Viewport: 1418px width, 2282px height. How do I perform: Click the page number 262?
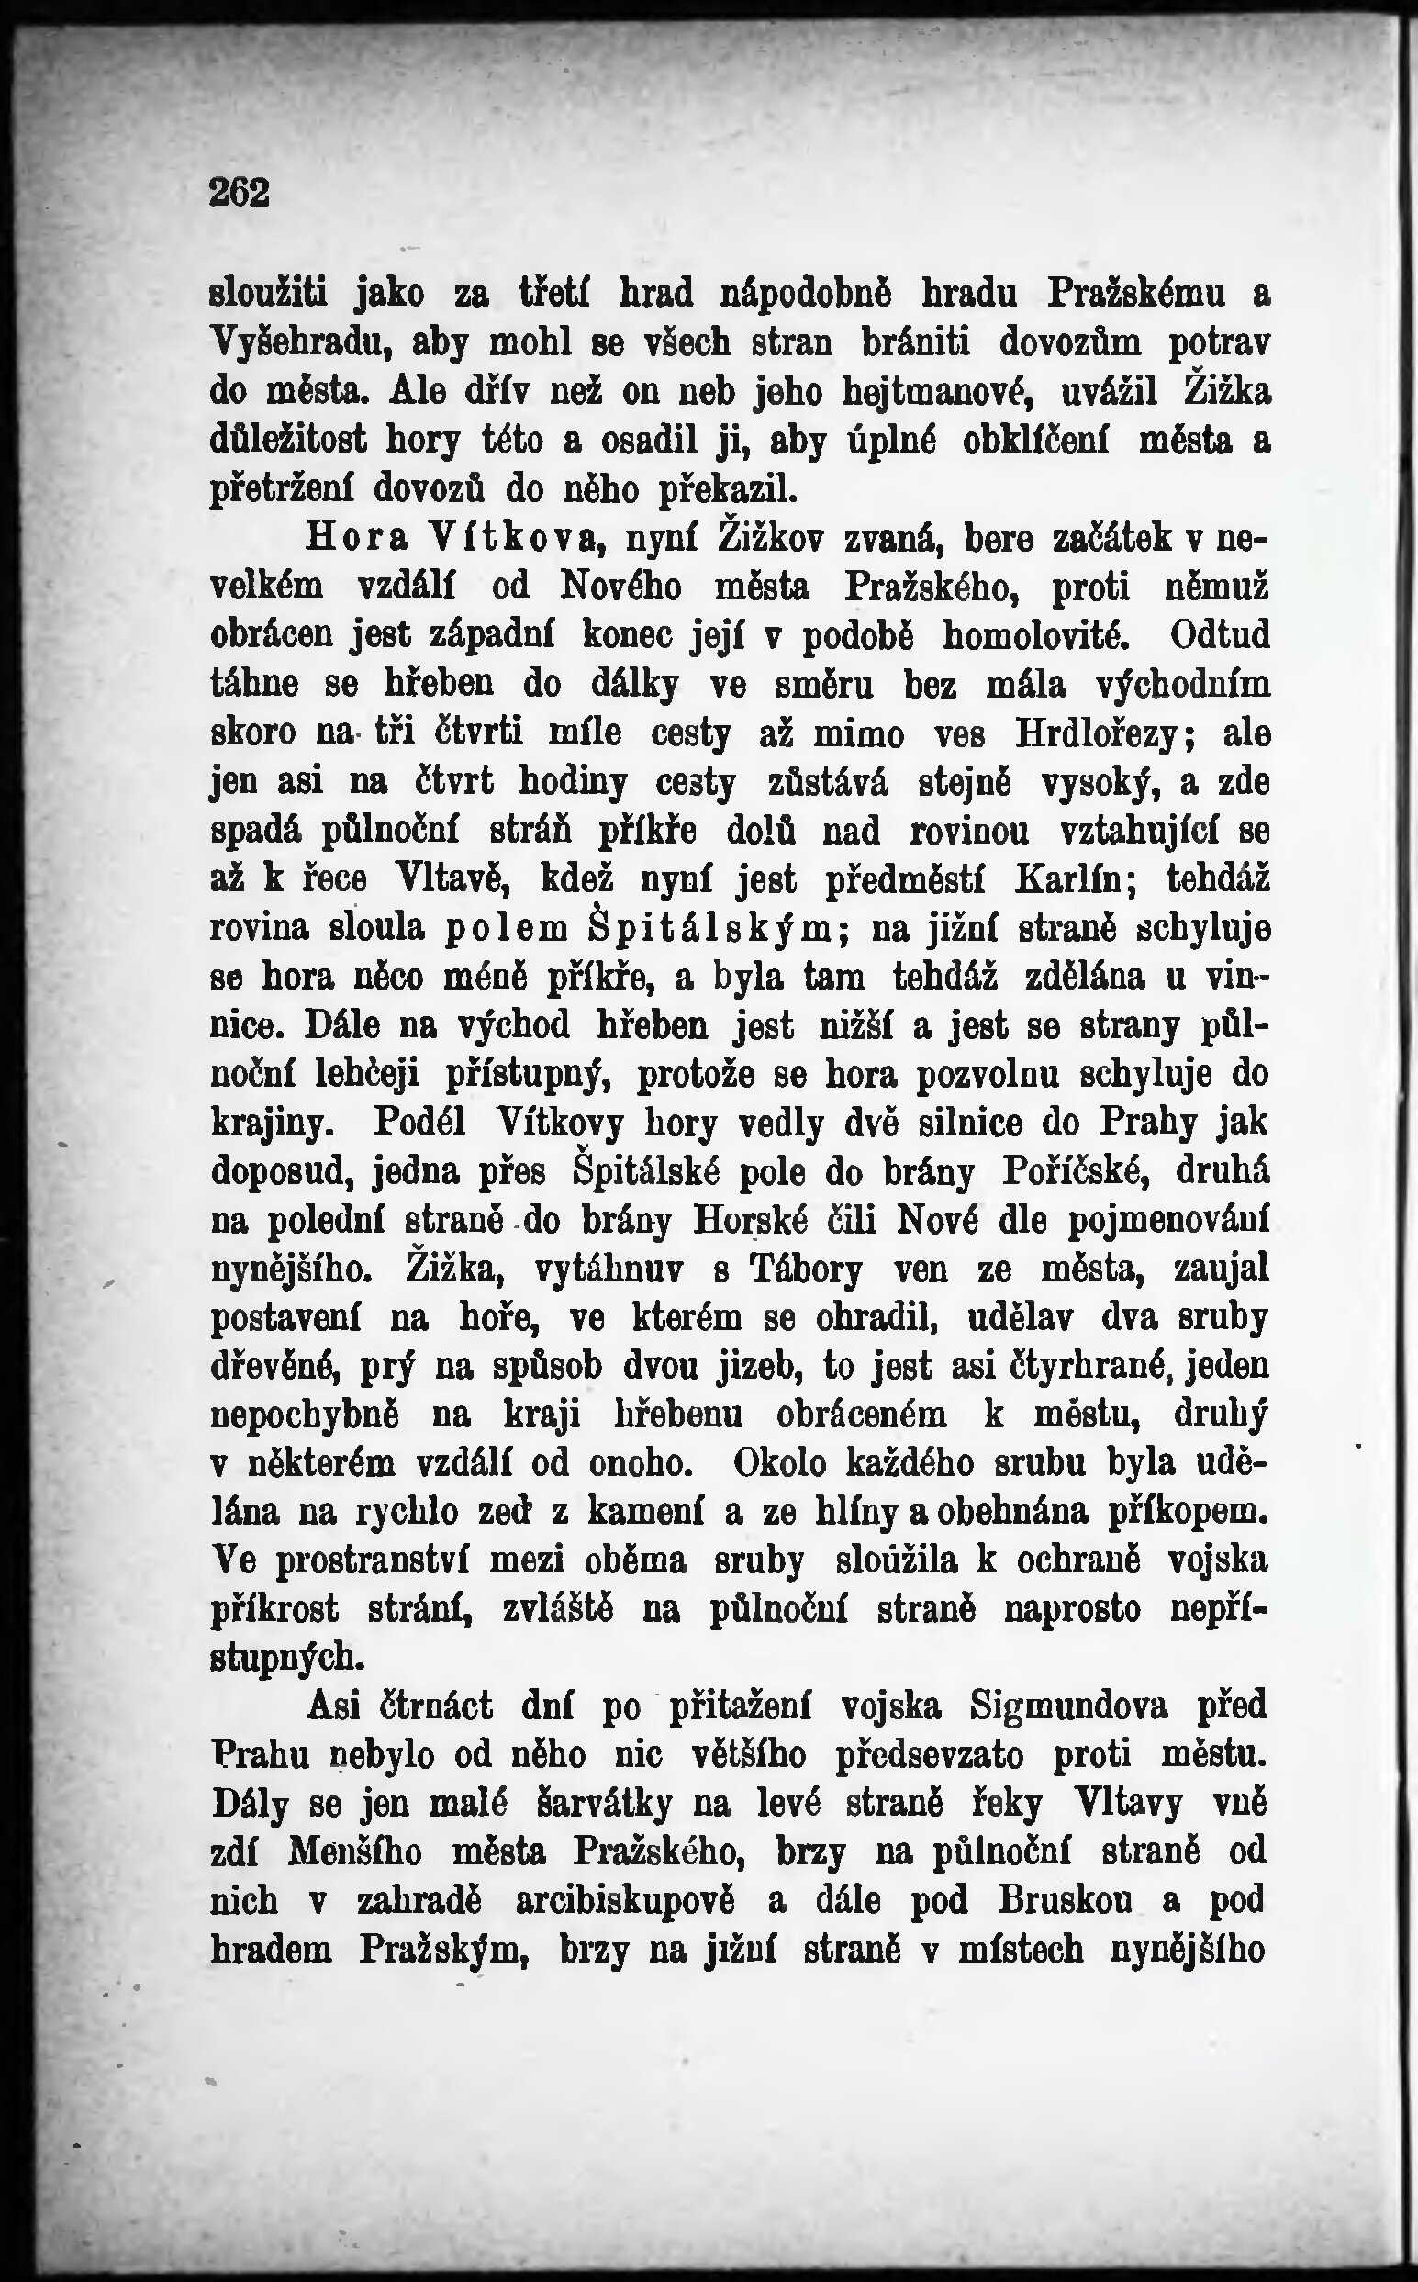(240, 192)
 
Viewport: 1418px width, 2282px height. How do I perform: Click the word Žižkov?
(773, 539)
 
